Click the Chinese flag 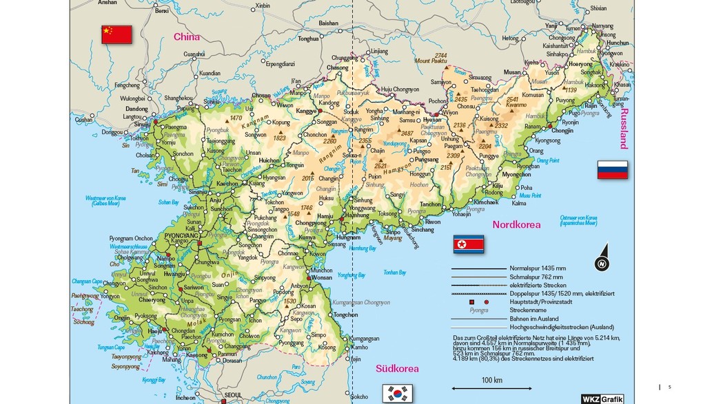pos(116,34)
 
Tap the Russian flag pos(612,170)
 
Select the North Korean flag pos(468,244)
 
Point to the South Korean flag pos(397,393)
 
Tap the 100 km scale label pos(491,380)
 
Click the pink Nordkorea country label pos(516,224)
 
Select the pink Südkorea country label pos(397,368)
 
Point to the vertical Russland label pos(624,128)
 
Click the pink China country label pos(186,36)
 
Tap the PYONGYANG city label pos(181,235)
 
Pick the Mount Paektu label pos(431,61)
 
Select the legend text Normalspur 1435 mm pos(538,268)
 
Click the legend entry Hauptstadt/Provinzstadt pos(540,301)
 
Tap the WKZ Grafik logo pos(602,398)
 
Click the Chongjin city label pos(562,131)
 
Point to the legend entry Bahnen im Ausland pos(533,319)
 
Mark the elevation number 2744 pos(440,55)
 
